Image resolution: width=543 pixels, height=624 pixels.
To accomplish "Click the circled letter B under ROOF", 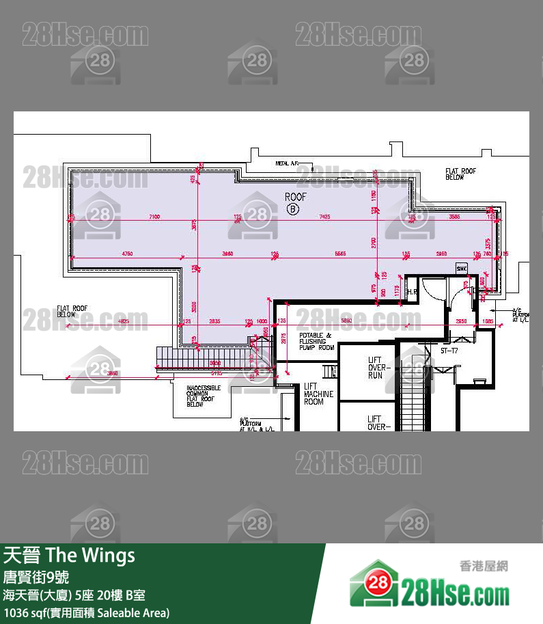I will (x=293, y=209).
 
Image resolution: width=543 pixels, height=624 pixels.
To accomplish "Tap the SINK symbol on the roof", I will (x=461, y=268).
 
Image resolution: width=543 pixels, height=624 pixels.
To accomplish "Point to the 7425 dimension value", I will (x=324, y=217).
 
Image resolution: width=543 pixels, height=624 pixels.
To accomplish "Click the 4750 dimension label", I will (x=128, y=254).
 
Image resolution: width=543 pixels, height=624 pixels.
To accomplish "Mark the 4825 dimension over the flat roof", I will (x=123, y=321).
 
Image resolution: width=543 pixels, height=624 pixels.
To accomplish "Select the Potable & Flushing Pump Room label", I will (x=316, y=341).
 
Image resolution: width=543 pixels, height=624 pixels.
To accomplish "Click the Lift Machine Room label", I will (x=318, y=394).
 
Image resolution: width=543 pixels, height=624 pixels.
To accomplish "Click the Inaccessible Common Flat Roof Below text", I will (x=204, y=396).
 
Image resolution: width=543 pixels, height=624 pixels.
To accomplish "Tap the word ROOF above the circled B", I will (x=296, y=197).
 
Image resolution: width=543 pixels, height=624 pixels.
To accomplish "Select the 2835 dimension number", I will (x=214, y=321).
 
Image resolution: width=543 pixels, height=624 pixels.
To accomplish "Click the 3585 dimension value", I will (x=454, y=217).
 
